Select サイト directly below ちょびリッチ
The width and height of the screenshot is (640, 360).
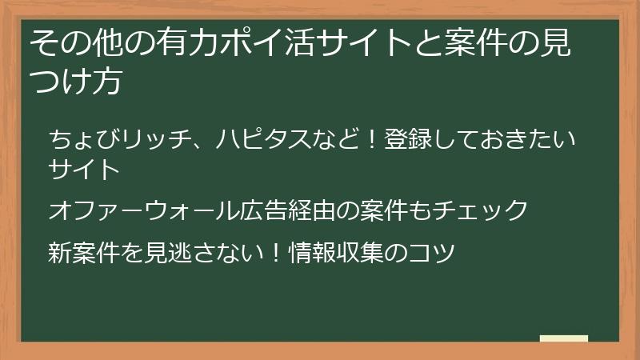coord(84,170)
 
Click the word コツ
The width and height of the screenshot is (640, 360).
coord(433,254)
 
